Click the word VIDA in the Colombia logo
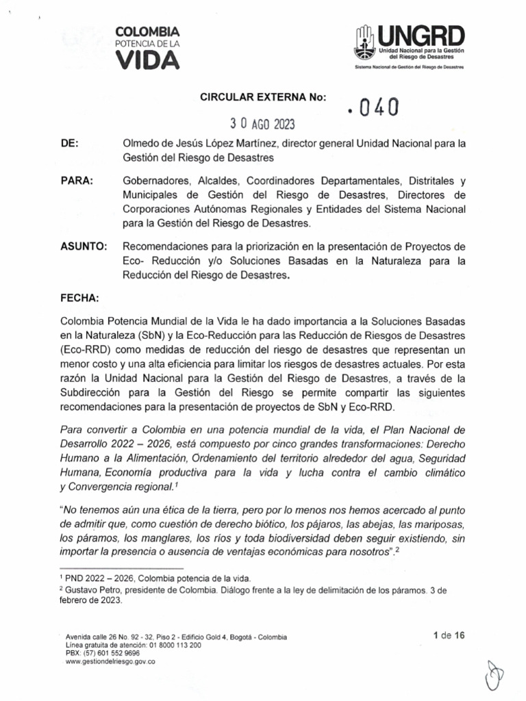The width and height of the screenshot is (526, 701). tap(147, 60)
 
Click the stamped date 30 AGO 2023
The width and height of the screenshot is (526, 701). tap(262, 124)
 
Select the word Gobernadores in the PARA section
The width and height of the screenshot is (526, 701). tap(156, 181)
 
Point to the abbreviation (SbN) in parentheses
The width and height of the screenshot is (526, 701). tap(157, 335)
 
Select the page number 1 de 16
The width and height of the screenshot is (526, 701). tap(449, 635)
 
